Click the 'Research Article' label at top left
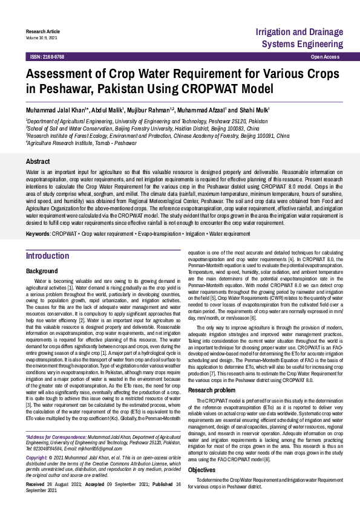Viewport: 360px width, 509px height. [42, 31]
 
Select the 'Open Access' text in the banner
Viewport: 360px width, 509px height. [325, 56]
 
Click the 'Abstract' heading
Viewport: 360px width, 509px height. [38, 161]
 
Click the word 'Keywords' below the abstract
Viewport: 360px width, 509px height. [38, 232]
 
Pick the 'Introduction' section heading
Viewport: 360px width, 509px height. [47, 256]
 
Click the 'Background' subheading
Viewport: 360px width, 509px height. [42, 271]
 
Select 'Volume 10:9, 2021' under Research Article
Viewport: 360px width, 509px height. [41, 37]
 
